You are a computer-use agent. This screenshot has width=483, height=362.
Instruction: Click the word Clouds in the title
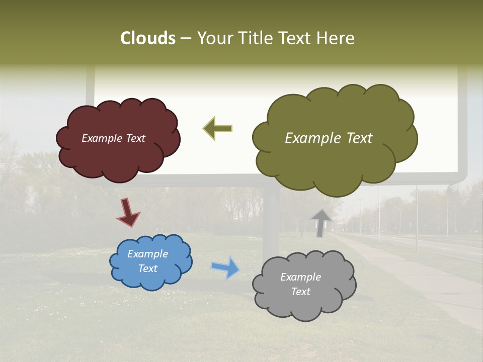148,38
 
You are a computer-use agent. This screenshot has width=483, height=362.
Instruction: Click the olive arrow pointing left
218,129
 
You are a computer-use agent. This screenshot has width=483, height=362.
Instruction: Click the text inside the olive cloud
329,138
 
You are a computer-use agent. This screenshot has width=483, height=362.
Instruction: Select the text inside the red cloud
113,138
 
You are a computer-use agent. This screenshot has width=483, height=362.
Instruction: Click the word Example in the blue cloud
147,254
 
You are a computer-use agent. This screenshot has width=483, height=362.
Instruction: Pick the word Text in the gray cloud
300,292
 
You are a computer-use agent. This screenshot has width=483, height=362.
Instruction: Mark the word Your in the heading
213,38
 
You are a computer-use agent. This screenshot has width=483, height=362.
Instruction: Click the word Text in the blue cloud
147,268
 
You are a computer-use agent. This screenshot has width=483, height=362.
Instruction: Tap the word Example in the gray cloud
300,277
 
